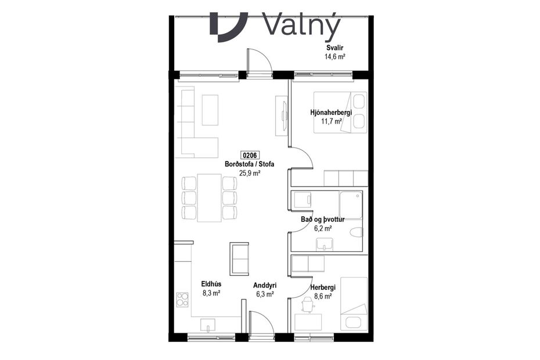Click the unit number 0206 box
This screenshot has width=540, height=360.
[x=250, y=156]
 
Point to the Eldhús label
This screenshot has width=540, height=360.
[x=211, y=285]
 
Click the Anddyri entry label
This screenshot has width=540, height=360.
[x=265, y=286]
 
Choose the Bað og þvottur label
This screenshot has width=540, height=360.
[x=323, y=219]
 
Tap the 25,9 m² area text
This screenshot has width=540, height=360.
[x=250, y=173]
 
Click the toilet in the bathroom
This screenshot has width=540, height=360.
[x=355, y=232]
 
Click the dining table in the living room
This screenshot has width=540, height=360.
[x=209, y=197]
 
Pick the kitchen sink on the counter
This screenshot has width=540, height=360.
[x=208, y=325]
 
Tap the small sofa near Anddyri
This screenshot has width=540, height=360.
[x=240, y=259]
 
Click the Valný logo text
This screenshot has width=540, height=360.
[x=301, y=24]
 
